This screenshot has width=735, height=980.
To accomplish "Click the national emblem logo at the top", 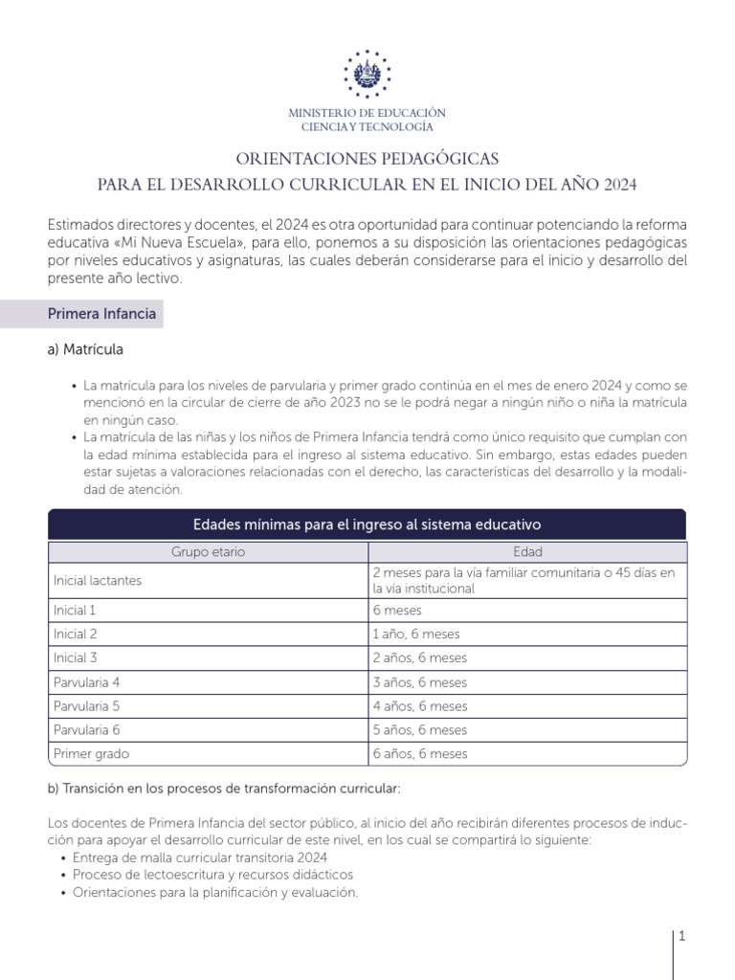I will (x=367, y=72).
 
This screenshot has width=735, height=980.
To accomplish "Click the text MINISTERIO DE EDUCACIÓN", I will (x=367, y=113).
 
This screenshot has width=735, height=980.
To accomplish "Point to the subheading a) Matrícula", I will (x=85, y=349).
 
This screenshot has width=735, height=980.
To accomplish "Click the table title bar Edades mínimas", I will (x=367, y=524).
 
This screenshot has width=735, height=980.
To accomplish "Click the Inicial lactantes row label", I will (x=98, y=580).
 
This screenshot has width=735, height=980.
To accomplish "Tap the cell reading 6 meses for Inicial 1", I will (x=397, y=610).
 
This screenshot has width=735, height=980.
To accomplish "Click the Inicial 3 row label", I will (x=76, y=657).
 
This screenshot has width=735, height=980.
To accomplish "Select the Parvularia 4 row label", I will (x=87, y=682).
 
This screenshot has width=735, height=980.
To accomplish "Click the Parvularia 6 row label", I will (x=87, y=730).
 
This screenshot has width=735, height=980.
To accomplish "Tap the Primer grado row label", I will (x=91, y=754).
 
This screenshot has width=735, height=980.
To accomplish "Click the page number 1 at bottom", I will (x=682, y=938).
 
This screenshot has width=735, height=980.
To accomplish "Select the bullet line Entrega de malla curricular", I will (x=200, y=857).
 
